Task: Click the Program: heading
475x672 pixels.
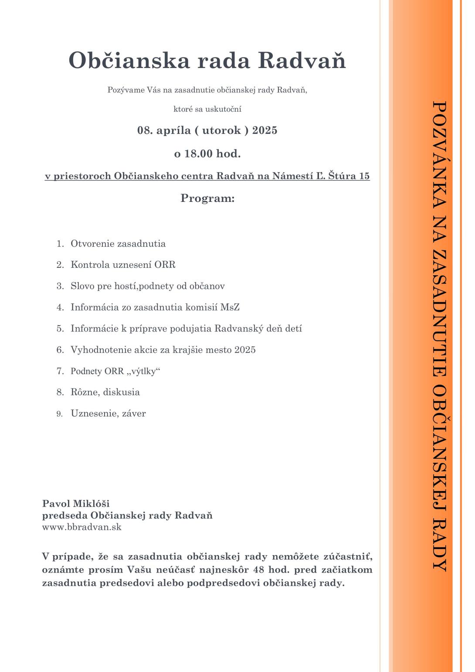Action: [207, 198]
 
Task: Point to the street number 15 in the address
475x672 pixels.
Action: [364, 176]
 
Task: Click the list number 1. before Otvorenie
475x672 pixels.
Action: [60, 244]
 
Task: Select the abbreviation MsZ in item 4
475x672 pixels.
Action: [230, 307]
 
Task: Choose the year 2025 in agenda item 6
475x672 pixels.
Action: [245, 350]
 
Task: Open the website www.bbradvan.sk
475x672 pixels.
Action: [81, 527]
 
